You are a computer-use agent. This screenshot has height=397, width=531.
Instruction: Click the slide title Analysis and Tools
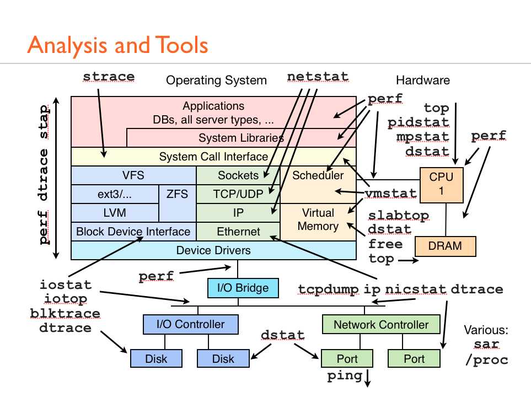pyautogui.click(x=117, y=45)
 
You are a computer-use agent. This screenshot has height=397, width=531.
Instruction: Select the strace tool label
pyautogui.click(x=109, y=76)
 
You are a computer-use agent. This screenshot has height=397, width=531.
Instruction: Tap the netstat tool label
pyautogui.click(x=317, y=76)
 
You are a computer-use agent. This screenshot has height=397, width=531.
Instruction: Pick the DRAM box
pyautogui.click(x=445, y=246)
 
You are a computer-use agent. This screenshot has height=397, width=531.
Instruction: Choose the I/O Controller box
pyautogui.click(x=191, y=324)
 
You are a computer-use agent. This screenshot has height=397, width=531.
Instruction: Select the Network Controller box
pyautogui.click(x=381, y=324)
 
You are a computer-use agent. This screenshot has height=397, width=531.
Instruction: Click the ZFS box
pyautogui.click(x=177, y=194)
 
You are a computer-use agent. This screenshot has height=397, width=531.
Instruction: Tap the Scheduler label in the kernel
pyautogui.click(x=318, y=176)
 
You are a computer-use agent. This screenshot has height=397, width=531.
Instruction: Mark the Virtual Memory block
pyautogui.click(x=318, y=219)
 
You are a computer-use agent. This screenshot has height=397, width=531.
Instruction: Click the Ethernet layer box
pyautogui.click(x=238, y=232)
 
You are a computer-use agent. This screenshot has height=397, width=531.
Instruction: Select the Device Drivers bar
pyautogui.click(x=213, y=250)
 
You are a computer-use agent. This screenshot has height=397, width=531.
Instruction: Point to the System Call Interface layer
pyautogui.click(x=213, y=157)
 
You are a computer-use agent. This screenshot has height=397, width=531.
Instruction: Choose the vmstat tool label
pyautogui.click(x=390, y=193)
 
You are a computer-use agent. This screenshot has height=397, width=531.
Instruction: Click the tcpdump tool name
pyautogui.click(x=328, y=289)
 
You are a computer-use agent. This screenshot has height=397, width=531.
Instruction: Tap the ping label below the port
pyautogui.click(x=345, y=376)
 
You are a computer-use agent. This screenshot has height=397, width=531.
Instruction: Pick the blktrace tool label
pyautogui.click(x=65, y=314)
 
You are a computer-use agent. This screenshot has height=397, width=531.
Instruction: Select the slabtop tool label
pyautogui.click(x=399, y=215)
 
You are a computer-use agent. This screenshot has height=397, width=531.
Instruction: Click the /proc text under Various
pyautogui.click(x=486, y=360)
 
